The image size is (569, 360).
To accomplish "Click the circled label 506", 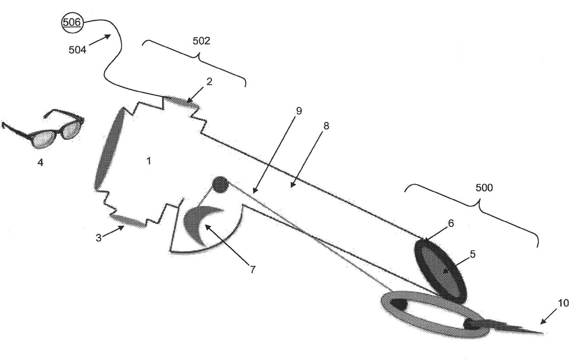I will coord(72,22).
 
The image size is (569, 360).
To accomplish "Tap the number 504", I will coord(77,50).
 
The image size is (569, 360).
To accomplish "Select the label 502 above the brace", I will coord(201,41).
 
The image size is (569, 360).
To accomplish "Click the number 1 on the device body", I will coord(148,161).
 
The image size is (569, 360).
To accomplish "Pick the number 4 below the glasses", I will coord(40,162).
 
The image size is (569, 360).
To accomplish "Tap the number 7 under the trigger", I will coord(252,270).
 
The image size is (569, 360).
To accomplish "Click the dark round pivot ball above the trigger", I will coord(220,184).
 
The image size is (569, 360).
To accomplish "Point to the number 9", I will coord(299,111).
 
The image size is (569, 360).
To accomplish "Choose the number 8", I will coord(326,125).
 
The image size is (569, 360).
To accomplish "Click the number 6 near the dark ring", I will coord(451,224).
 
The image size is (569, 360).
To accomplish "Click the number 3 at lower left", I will coord(98,237).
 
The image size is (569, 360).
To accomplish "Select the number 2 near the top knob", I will coord(209,82).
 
